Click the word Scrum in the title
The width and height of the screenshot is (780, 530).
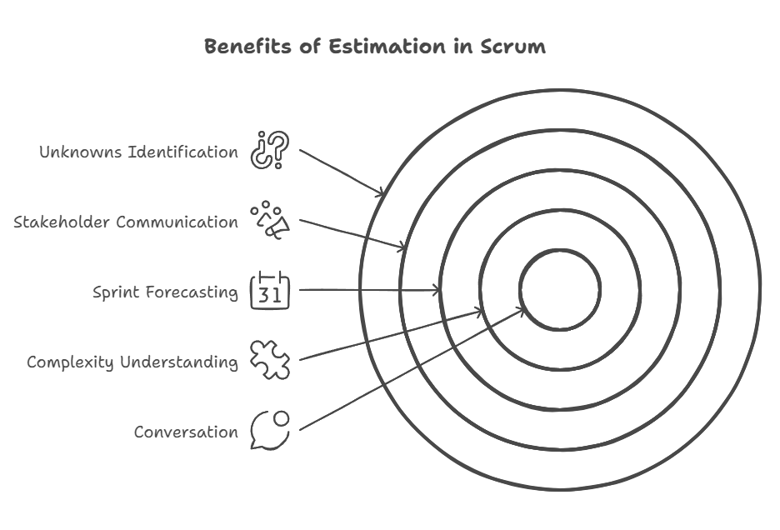(x=512, y=47)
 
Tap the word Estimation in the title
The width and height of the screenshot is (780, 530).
(x=387, y=47)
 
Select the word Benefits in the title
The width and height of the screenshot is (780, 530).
(x=247, y=47)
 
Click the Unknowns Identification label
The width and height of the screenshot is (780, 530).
(x=139, y=152)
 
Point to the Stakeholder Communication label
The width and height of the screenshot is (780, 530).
(x=126, y=222)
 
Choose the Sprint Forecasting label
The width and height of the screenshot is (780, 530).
(x=165, y=292)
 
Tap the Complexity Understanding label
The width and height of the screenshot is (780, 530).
(x=132, y=362)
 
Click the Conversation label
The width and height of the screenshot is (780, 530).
(x=186, y=432)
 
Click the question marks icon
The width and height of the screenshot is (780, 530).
(x=270, y=150)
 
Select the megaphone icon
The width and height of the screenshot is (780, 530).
(x=270, y=220)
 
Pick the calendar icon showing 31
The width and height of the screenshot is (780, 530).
(x=270, y=290)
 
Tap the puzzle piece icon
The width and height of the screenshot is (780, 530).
(x=270, y=360)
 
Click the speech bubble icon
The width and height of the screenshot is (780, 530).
(x=270, y=431)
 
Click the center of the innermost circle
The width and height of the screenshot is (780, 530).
(x=560, y=290)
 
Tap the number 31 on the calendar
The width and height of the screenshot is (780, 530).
(x=270, y=295)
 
